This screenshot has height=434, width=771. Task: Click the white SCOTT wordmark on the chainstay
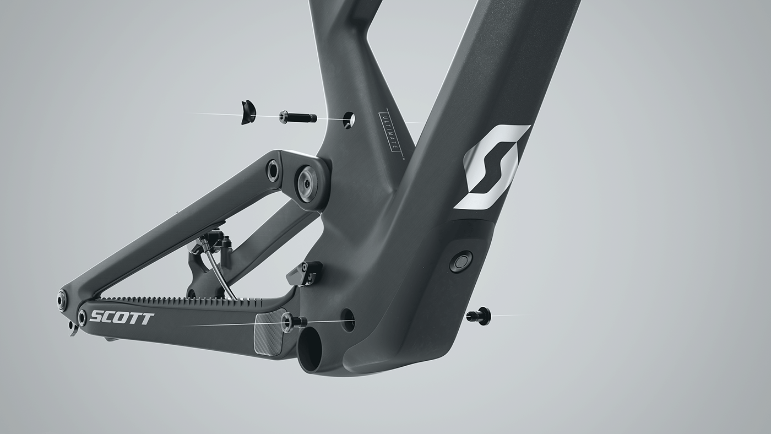click(x=122, y=318)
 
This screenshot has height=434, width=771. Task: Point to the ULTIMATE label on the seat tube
click(x=392, y=133)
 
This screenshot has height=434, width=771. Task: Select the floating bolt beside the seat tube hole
click(x=297, y=117)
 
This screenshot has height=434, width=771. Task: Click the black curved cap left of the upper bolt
click(x=248, y=112)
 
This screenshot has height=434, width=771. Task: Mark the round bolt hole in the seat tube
click(x=349, y=120)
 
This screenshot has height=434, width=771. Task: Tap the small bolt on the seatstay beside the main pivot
click(x=273, y=170)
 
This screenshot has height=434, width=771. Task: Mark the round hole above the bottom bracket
click(x=348, y=320)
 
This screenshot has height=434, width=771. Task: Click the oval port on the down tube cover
click(x=460, y=262)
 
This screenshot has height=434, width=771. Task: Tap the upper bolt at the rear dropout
click(x=62, y=301)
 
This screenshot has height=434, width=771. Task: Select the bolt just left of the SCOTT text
click(x=82, y=317)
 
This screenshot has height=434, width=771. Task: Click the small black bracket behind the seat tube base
click(x=305, y=273)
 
